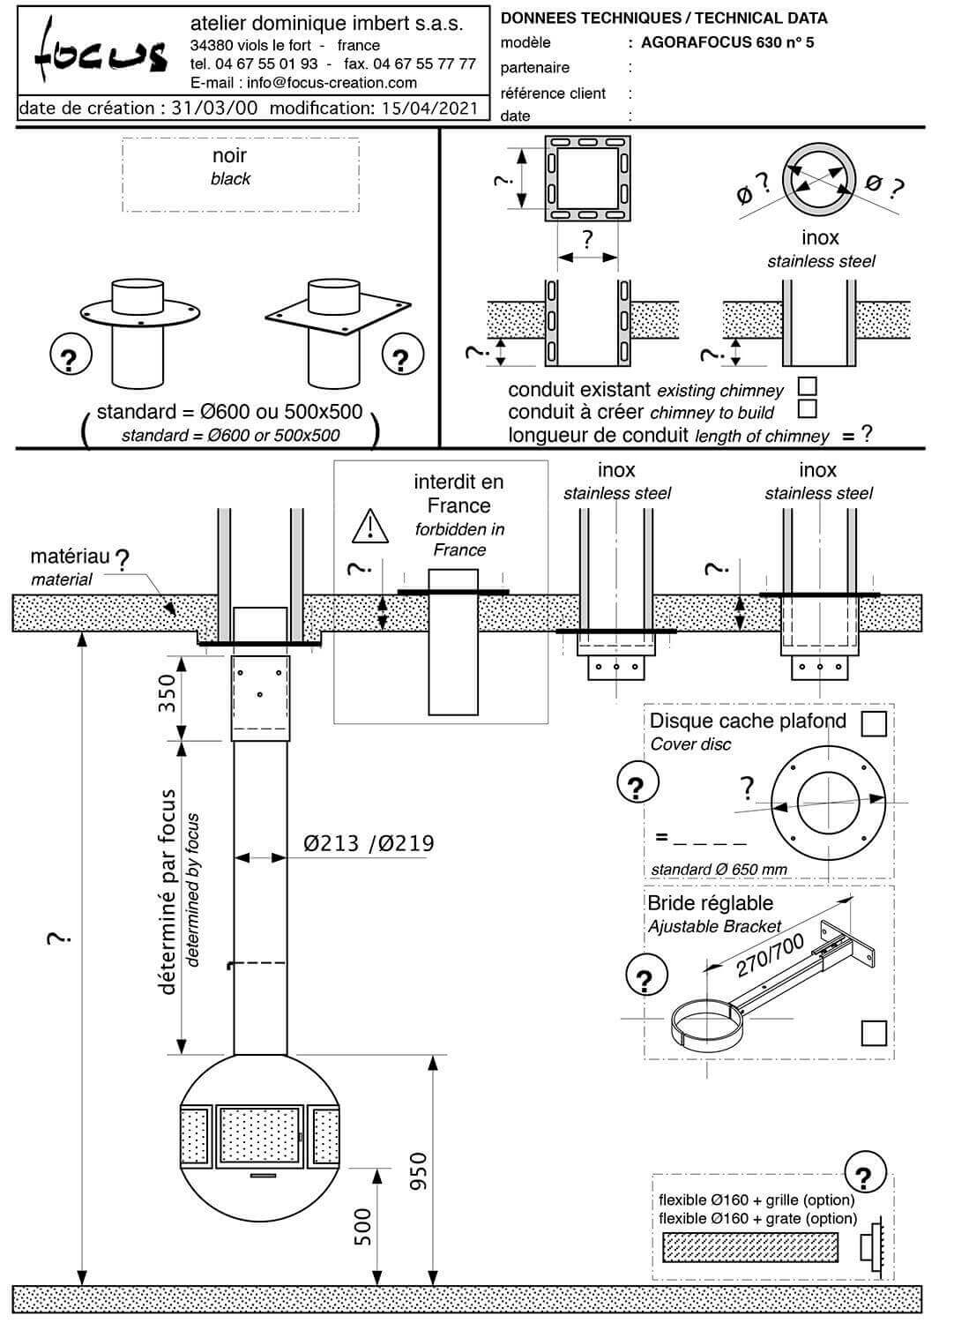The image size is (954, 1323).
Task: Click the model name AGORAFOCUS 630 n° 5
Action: pyautogui.click(x=727, y=41)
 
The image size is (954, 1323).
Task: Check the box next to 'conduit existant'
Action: pyautogui.click(x=806, y=386)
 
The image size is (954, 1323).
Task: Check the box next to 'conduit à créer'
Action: pyautogui.click(x=806, y=408)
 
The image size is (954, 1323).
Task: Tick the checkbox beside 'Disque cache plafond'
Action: pyautogui.click(x=873, y=723)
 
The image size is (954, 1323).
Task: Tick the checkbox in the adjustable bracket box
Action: pyautogui.click(x=873, y=1033)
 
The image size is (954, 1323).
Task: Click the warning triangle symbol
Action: pyautogui.click(x=370, y=526)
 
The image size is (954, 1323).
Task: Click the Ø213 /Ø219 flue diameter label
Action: pyautogui.click(x=369, y=844)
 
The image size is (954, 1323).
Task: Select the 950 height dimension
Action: pyautogui.click(x=418, y=1171)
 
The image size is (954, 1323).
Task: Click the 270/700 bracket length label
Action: pyautogui.click(x=770, y=955)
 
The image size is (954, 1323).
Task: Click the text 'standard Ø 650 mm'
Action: pyautogui.click(x=719, y=870)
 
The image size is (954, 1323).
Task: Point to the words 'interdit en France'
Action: pyautogui.click(x=458, y=494)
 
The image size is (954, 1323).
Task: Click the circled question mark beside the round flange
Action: pyautogui.click(x=71, y=357)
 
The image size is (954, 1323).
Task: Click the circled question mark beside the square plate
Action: pyautogui.click(x=402, y=357)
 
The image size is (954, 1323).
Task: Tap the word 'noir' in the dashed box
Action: pyautogui.click(x=229, y=156)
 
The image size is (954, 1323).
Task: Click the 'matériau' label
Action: pyautogui.click(x=70, y=557)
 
